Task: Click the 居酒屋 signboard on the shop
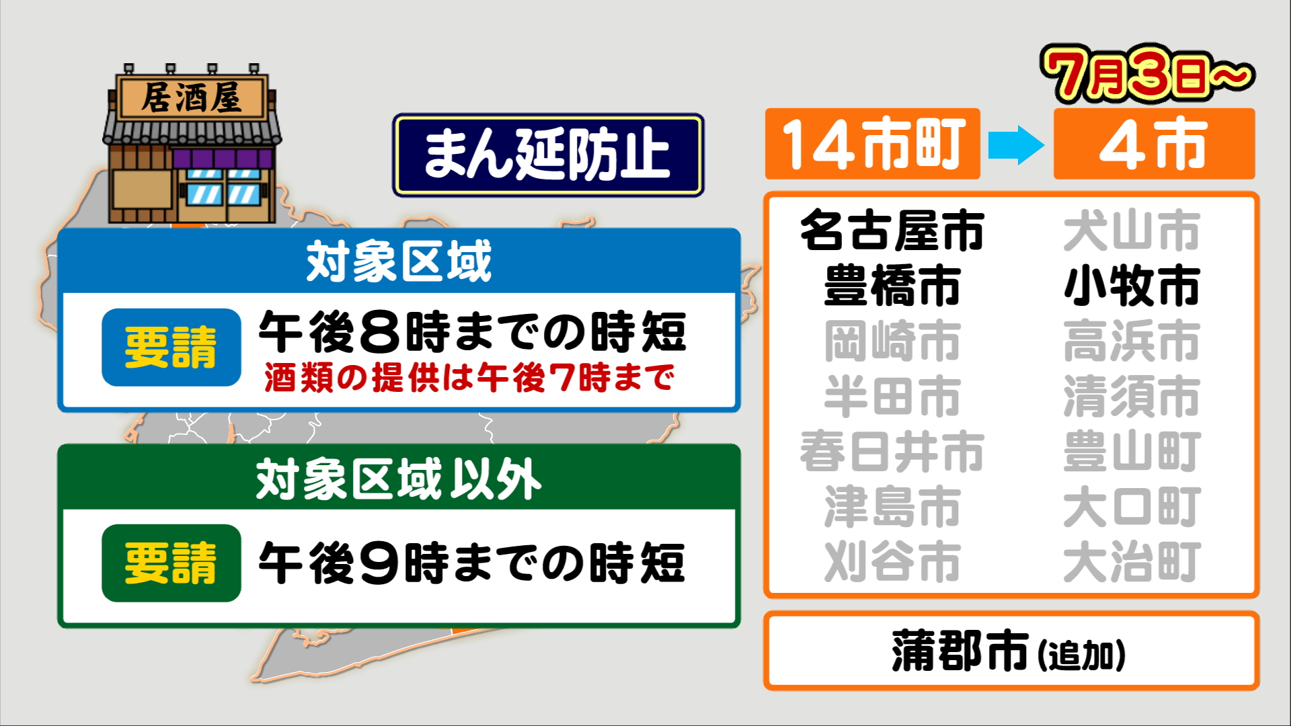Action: tap(192, 98)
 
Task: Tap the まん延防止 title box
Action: tap(548, 155)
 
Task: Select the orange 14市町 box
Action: tap(873, 144)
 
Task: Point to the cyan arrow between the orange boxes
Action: tap(1017, 145)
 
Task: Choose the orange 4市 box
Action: tap(1154, 144)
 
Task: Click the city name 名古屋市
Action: tap(892, 231)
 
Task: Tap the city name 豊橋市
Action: tap(892, 286)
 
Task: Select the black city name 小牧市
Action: tap(1132, 286)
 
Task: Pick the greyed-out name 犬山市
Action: tap(1132, 231)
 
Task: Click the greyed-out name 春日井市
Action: tap(892, 451)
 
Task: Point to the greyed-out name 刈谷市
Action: tap(892, 561)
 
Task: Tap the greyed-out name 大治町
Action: tap(1132, 561)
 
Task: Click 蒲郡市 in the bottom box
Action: tap(960, 651)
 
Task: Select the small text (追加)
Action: tap(1082, 655)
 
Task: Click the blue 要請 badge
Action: tap(171, 348)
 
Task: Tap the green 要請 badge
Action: tap(171, 563)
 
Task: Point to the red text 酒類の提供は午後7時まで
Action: tap(469, 378)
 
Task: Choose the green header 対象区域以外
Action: tap(399, 479)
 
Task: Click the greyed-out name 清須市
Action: tap(1132, 396)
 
